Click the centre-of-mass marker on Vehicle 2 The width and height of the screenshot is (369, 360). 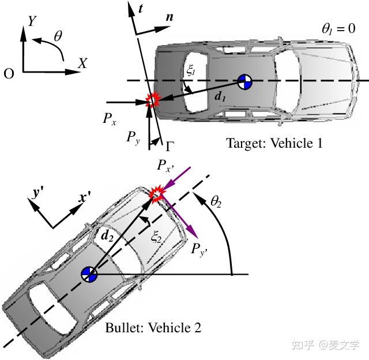(89, 275)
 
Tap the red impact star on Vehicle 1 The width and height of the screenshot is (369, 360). (152, 100)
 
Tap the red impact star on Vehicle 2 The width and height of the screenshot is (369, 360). (156, 194)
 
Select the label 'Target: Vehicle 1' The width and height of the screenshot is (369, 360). (274, 143)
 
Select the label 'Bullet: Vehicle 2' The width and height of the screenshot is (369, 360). (153, 328)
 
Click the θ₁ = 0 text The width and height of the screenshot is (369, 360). (338, 28)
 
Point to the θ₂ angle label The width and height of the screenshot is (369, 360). (217, 201)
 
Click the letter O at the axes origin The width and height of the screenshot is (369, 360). (9, 73)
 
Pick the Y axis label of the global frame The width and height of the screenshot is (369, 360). (33, 21)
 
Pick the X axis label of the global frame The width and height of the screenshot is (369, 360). (82, 64)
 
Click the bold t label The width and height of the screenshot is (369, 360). (141, 8)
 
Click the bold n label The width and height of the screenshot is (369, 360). (169, 17)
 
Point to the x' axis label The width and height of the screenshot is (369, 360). (85, 198)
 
